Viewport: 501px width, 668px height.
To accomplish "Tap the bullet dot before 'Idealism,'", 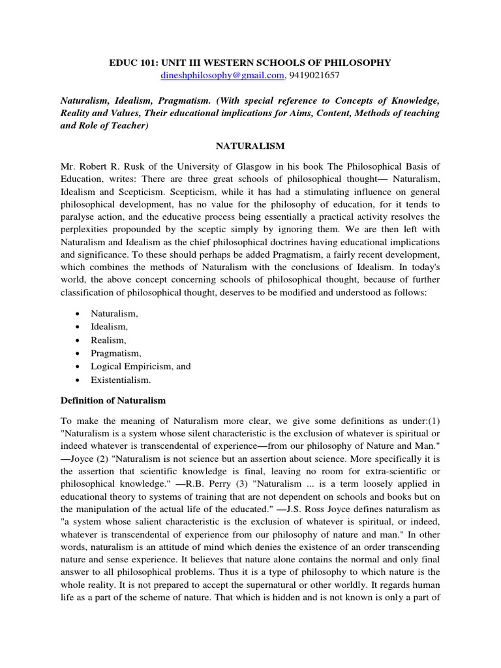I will (78, 327).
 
